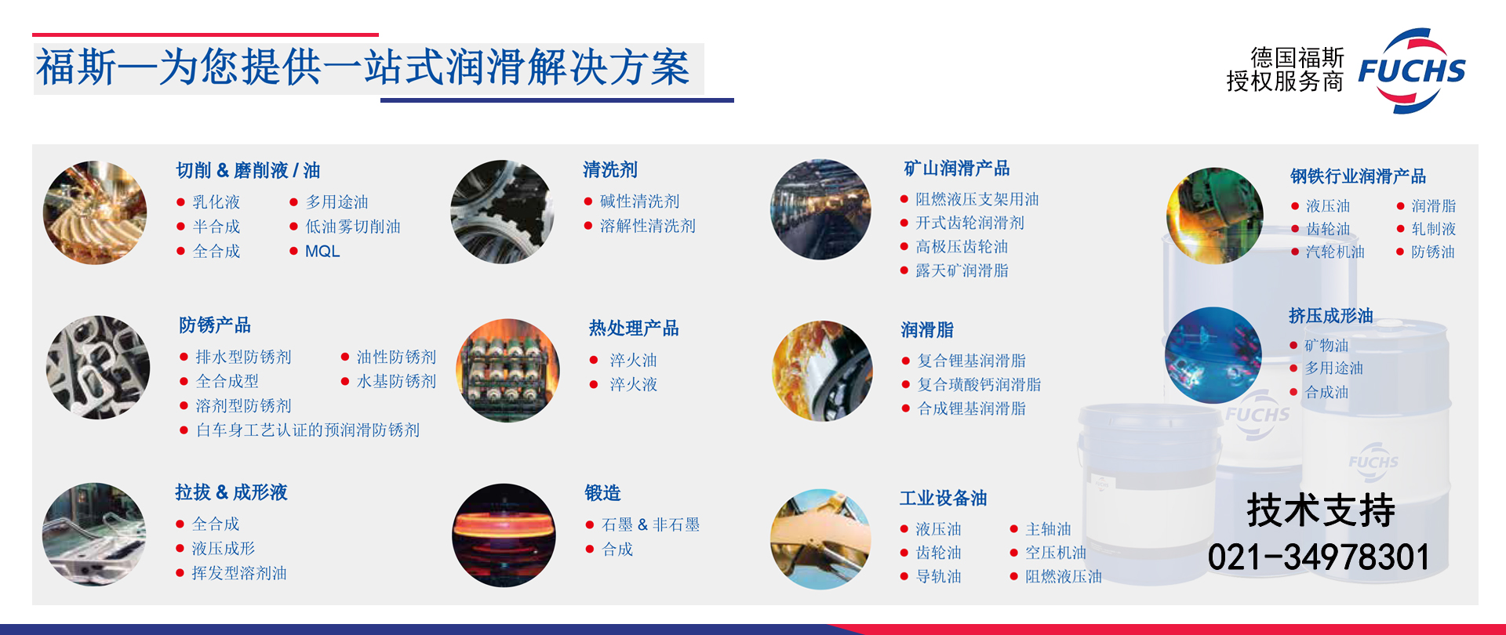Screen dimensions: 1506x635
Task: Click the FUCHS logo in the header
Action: click(1412, 71)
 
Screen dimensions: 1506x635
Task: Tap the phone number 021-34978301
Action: click(1319, 557)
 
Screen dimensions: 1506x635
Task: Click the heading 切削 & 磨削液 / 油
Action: click(248, 170)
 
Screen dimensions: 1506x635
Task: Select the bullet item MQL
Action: click(322, 252)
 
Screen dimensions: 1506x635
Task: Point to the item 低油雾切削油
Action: click(353, 227)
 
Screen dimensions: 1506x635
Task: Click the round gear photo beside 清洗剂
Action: click(502, 212)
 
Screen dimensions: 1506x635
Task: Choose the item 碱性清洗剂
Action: click(639, 201)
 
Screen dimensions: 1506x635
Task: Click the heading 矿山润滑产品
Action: click(957, 169)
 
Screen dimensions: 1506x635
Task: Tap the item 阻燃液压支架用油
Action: click(977, 199)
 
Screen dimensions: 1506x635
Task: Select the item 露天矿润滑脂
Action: click(962, 270)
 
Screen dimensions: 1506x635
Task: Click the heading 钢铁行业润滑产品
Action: click(1359, 176)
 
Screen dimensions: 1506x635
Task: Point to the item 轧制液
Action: click(1434, 229)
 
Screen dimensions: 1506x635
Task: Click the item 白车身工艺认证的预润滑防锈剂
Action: click(307, 430)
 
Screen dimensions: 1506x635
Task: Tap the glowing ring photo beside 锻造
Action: click(504, 535)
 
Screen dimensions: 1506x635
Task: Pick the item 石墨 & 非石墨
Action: click(650, 524)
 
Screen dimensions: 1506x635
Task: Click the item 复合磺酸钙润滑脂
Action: click(980, 384)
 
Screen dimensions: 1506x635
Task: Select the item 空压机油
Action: click(1056, 553)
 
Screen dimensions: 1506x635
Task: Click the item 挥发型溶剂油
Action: click(239, 573)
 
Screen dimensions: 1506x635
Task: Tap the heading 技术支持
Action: click(1321, 510)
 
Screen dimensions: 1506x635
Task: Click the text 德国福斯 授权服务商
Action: click(1286, 70)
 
